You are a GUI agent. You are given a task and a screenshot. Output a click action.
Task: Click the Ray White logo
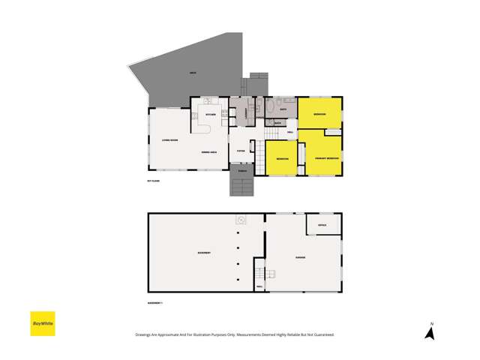pyautogui.click(x=42, y=323)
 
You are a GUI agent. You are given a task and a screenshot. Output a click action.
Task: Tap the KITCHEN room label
pyautogui.click(x=211, y=115)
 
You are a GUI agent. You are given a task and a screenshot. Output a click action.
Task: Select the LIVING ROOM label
pyautogui.click(x=169, y=140)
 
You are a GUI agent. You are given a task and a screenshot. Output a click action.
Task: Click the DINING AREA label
pyautogui.click(x=208, y=153)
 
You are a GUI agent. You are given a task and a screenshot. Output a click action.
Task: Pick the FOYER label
pyautogui.click(x=241, y=151)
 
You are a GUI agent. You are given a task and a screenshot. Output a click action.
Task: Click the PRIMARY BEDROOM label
pyautogui.click(x=327, y=158)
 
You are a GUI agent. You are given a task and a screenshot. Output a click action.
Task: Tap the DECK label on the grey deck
pyautogui.click(x=193, y=72)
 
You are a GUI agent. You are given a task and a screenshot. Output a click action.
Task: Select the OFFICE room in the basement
pyautogui.click(x=322, y=224)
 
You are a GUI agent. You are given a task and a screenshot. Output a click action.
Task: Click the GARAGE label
pyautogui.click(x=299, y=258)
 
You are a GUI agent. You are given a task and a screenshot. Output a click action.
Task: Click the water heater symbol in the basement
pyautogui.click(x=241, y=220)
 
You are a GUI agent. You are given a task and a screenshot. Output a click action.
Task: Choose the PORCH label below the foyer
pyautogui.click(x=241, y=172)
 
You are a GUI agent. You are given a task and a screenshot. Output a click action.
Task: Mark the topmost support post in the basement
pyautogui.click(x=238, y=235)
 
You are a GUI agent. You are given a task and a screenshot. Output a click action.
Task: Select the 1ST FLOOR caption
pyautogui.click(x=154, y=181)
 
